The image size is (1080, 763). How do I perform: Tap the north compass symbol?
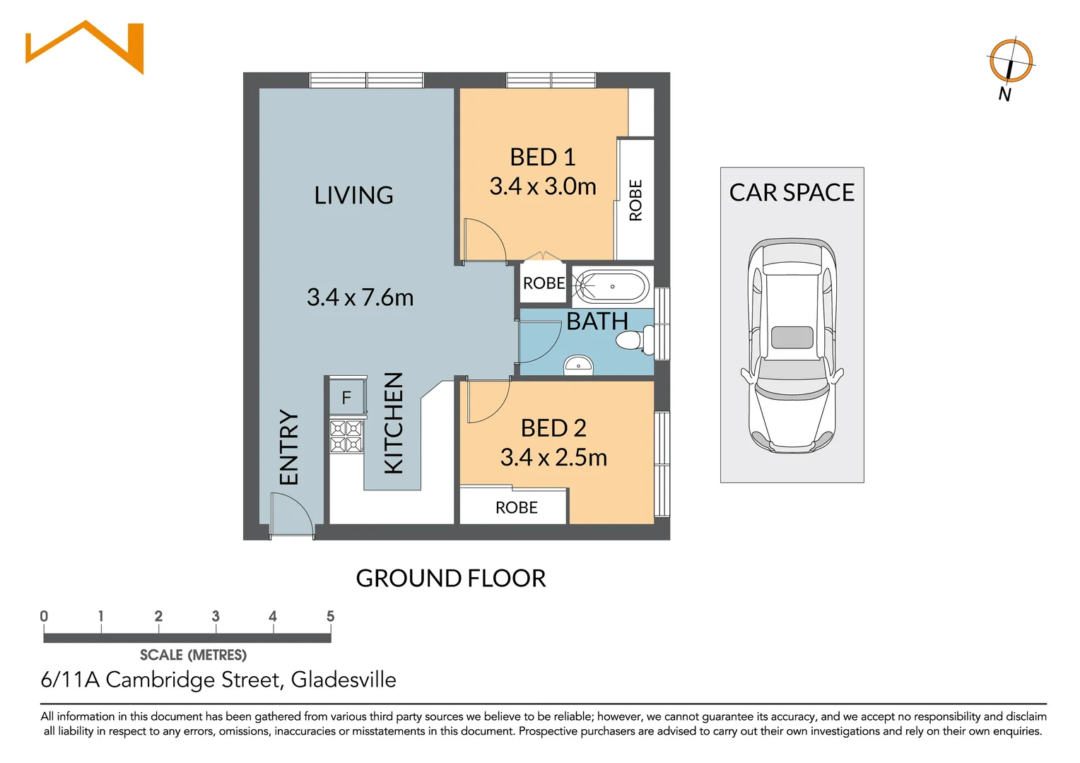pos(1011,61)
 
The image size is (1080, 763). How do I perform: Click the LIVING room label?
pos(353,195)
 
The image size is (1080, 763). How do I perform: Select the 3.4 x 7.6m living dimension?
pos(360,297)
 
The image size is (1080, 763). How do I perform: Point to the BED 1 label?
pos(542,157)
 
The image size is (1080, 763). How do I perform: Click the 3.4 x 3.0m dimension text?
pos(543,186)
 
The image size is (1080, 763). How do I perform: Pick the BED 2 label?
pos(553,428)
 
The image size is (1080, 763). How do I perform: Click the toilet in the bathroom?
pos(635,340)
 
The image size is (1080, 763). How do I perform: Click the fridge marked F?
pos(346,398)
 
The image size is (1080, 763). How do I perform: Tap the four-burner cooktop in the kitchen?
pos(346,436)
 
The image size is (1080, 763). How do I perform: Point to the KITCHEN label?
pos(394,422)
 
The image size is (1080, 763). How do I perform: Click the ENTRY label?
pos(289,446)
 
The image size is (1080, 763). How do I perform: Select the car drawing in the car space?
pos(792,345)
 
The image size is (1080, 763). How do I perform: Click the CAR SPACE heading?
pos(792,192)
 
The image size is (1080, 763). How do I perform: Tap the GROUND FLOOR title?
pos(451,578)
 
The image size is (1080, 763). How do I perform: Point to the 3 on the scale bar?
pos(216,616)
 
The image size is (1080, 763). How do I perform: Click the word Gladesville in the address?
pos(344,680)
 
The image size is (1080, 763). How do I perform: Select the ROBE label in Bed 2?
pos(517,507)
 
